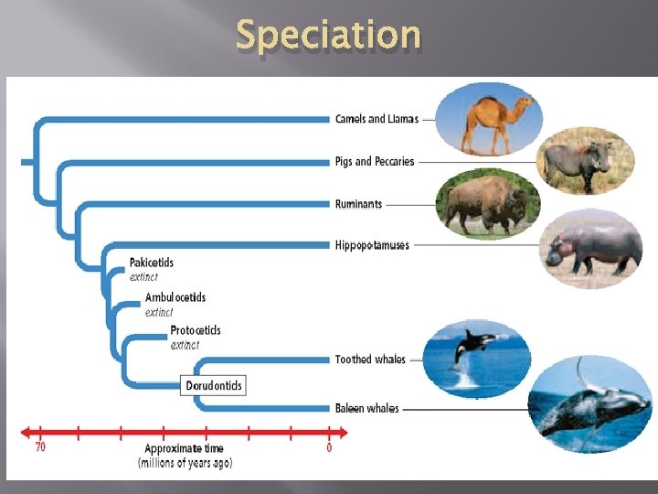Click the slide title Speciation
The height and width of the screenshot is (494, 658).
click(328, 35)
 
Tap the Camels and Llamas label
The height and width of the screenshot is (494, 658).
click(377, 119)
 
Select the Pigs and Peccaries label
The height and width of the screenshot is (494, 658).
click(375, 162)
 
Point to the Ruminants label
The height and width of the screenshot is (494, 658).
click(358, 204)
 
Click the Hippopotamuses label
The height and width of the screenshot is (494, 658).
click(372, 245)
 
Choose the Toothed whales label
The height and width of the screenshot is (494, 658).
click(370, 360)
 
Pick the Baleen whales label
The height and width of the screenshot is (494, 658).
click(366, 408)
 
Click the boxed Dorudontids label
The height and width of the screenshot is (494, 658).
click(214, 386)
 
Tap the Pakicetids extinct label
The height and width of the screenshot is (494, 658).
click(151, 269)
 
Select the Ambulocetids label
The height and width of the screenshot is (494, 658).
click(175, 297)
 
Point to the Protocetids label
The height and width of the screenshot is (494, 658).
click(196, 330)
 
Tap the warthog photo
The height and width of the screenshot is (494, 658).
click(585, 161)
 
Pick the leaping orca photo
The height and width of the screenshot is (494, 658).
click(476, 358)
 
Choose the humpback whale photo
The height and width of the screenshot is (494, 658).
click(590, 405)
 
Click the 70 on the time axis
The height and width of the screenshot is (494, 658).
click(40, 447)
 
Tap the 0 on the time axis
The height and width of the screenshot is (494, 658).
click(329, 447)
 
